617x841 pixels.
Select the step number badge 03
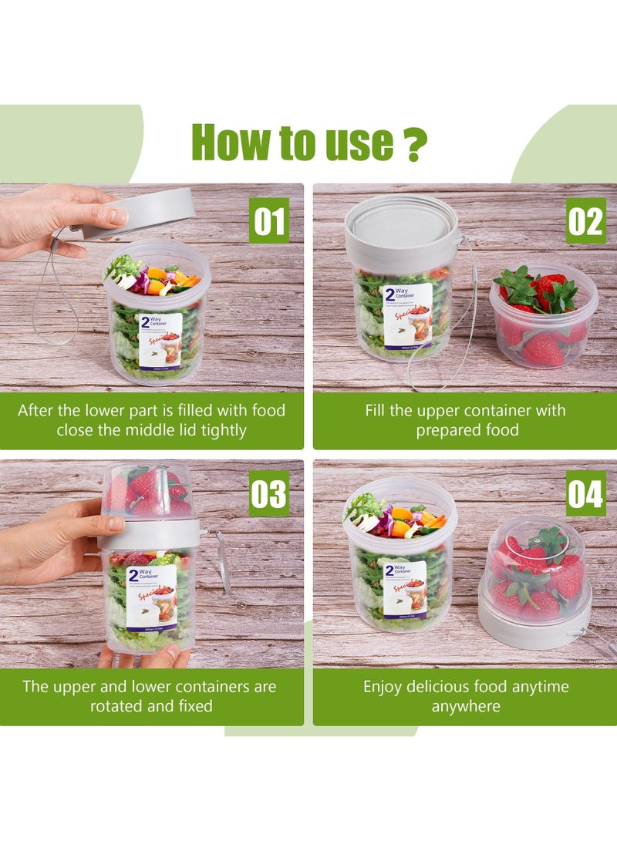click(x=269, y=493)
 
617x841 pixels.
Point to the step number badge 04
click(x=585, y=493)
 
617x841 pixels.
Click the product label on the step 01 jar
click(x=160, y=339)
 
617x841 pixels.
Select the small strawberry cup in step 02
click(x=543, y=316)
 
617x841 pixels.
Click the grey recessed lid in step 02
click(x=401, y=224)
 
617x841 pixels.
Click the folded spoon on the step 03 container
click(x=224, y=563)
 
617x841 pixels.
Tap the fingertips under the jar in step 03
click(x=147, y=658)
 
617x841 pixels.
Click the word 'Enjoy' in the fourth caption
click(x=386, y=686)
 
